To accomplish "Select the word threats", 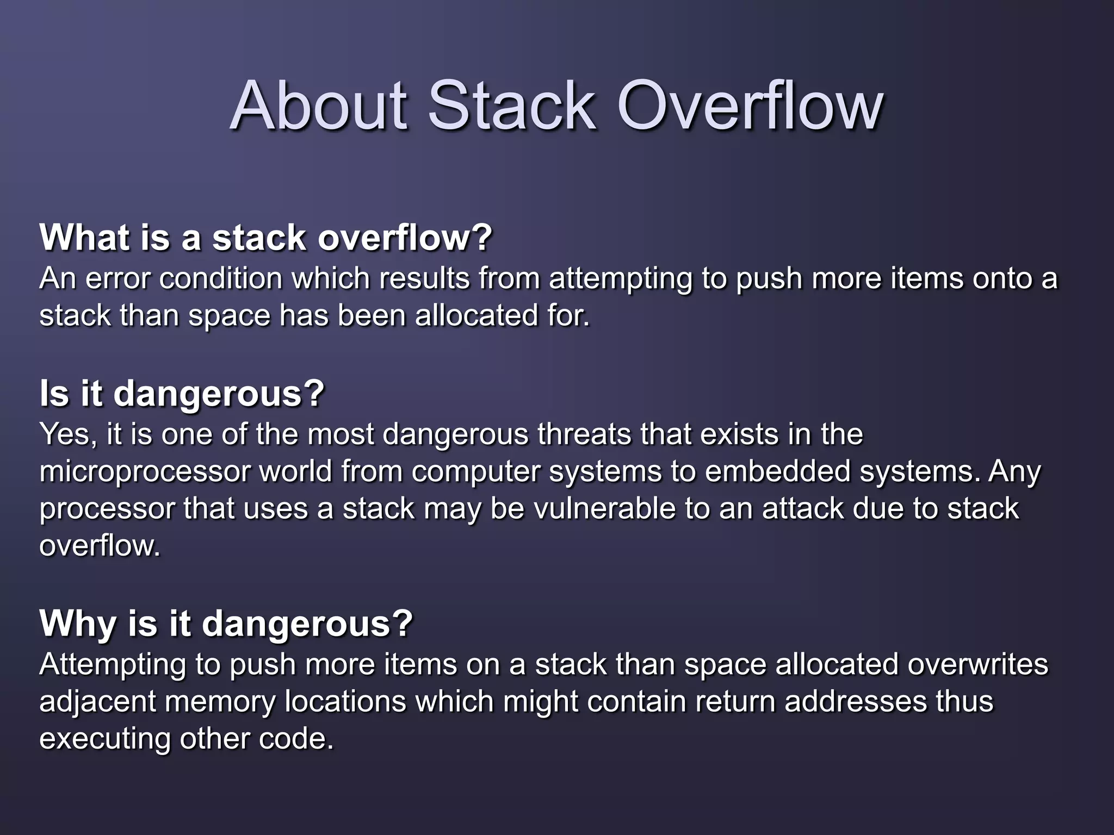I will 584,434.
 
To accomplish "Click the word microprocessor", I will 144,472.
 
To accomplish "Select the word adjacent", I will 97,702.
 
